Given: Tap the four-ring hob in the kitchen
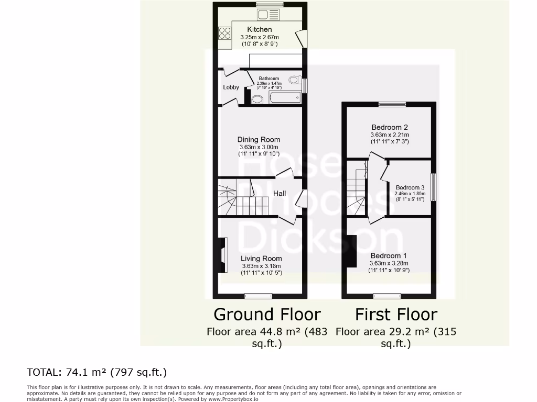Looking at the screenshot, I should tap(224, 33).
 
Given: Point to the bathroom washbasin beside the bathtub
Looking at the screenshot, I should tap(257, 99).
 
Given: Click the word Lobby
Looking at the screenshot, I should tap(231, 87).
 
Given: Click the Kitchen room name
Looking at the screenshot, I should tap(260, 30).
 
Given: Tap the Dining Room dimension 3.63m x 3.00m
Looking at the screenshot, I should tap(259, 147).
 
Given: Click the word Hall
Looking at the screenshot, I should tap(280, 194).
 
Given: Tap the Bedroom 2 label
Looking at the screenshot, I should tap(390, 127).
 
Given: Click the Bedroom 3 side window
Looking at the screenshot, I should tap(434, 187).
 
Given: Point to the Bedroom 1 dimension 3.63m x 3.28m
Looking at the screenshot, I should tap(389, 263).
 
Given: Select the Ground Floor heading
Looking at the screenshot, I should tap(267, 315).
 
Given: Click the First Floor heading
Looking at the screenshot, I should tap(396, 315).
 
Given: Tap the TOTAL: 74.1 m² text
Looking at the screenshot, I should tap(97, 373).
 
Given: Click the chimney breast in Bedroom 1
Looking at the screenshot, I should tap(351, 251).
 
